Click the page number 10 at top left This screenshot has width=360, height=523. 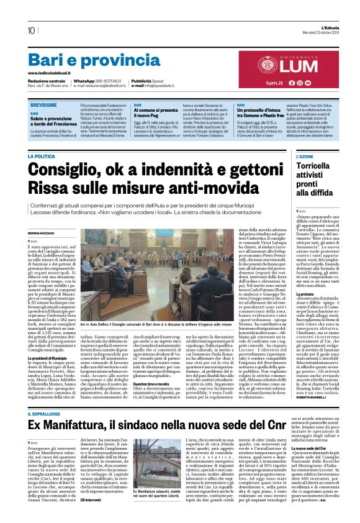tap(31, 30)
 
